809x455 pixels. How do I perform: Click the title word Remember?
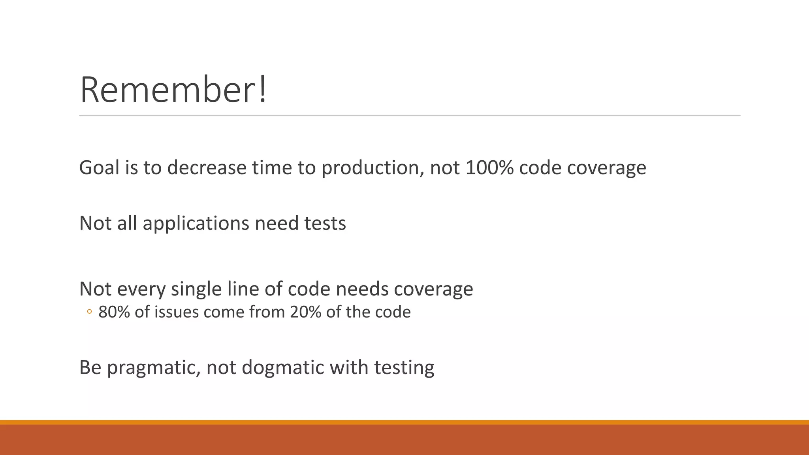tap(173, 90)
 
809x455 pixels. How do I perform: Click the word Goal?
tap(99, 167)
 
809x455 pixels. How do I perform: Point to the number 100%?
tap(489, 167)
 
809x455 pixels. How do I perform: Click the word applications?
tap(196, 224)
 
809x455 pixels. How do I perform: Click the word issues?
tap(176, 312)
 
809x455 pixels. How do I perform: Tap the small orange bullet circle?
tap(89, 312)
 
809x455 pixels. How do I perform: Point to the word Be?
tap(90, 367)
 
